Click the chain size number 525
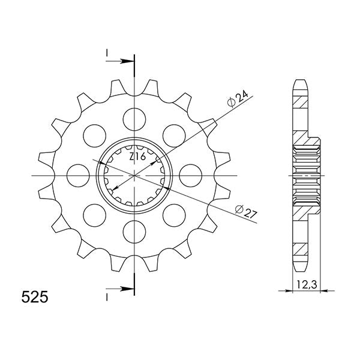click(x=37, y=297)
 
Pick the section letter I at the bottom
click(x=106, y=296)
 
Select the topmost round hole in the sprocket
click(x=134, y=115)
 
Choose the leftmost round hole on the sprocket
click(x=76, y=175)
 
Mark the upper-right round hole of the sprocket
click(x=173, y=133)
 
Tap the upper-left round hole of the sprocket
click(x=93, y=133)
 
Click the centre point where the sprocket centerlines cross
click(x=134, y=175)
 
